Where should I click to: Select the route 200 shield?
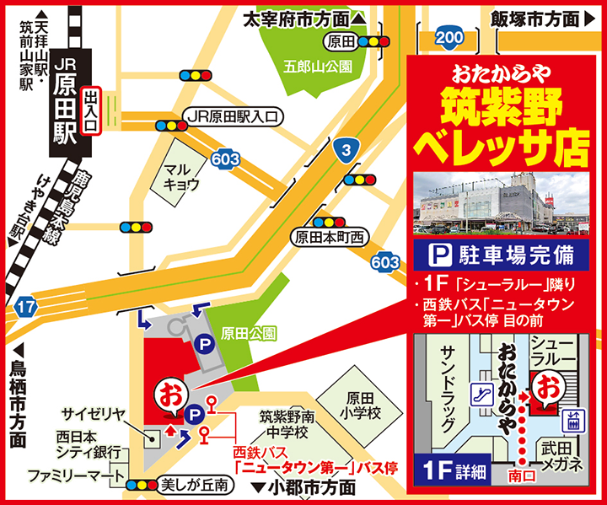tap(449, 36)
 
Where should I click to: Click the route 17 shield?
tap(26, 308)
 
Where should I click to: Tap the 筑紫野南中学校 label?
tap(287, 424)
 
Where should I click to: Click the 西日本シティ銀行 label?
tap(83, 444)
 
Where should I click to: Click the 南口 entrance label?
tap(523, 476)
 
